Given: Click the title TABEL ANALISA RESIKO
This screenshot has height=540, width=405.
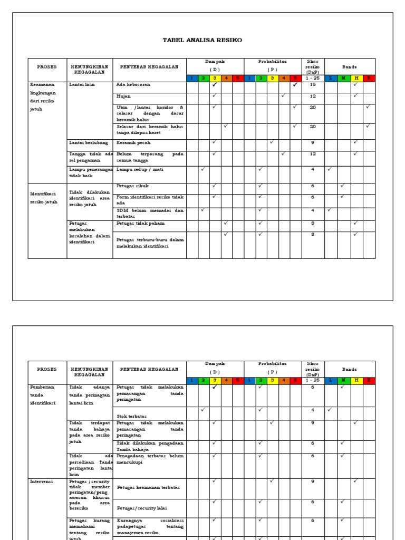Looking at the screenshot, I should [202, 41].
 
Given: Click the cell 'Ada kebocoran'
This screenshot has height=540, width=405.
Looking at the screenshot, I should [133, 84].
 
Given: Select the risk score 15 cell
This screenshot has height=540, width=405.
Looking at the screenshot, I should [313, 84].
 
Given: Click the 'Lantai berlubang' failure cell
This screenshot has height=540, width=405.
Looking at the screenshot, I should [89, 142].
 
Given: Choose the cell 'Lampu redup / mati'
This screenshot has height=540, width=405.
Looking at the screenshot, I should [140, 169].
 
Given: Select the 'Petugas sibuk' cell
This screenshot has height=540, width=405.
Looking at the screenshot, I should [132, 186].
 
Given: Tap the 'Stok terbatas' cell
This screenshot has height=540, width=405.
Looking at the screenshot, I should [131, 416].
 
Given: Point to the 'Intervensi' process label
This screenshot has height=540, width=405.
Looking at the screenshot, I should [42, 481].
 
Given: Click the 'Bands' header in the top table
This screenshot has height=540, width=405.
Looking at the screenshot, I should [349, 67].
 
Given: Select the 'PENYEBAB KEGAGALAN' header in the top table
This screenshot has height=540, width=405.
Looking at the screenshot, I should [149, 67].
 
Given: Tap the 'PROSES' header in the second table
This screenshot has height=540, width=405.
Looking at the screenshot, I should [47, 370].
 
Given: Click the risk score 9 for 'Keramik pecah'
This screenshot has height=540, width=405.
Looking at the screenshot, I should [313, 142].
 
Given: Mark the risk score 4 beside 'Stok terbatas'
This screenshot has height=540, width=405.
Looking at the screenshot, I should [313, 410].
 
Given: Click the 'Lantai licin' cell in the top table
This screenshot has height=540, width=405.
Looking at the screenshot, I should [82, 84].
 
